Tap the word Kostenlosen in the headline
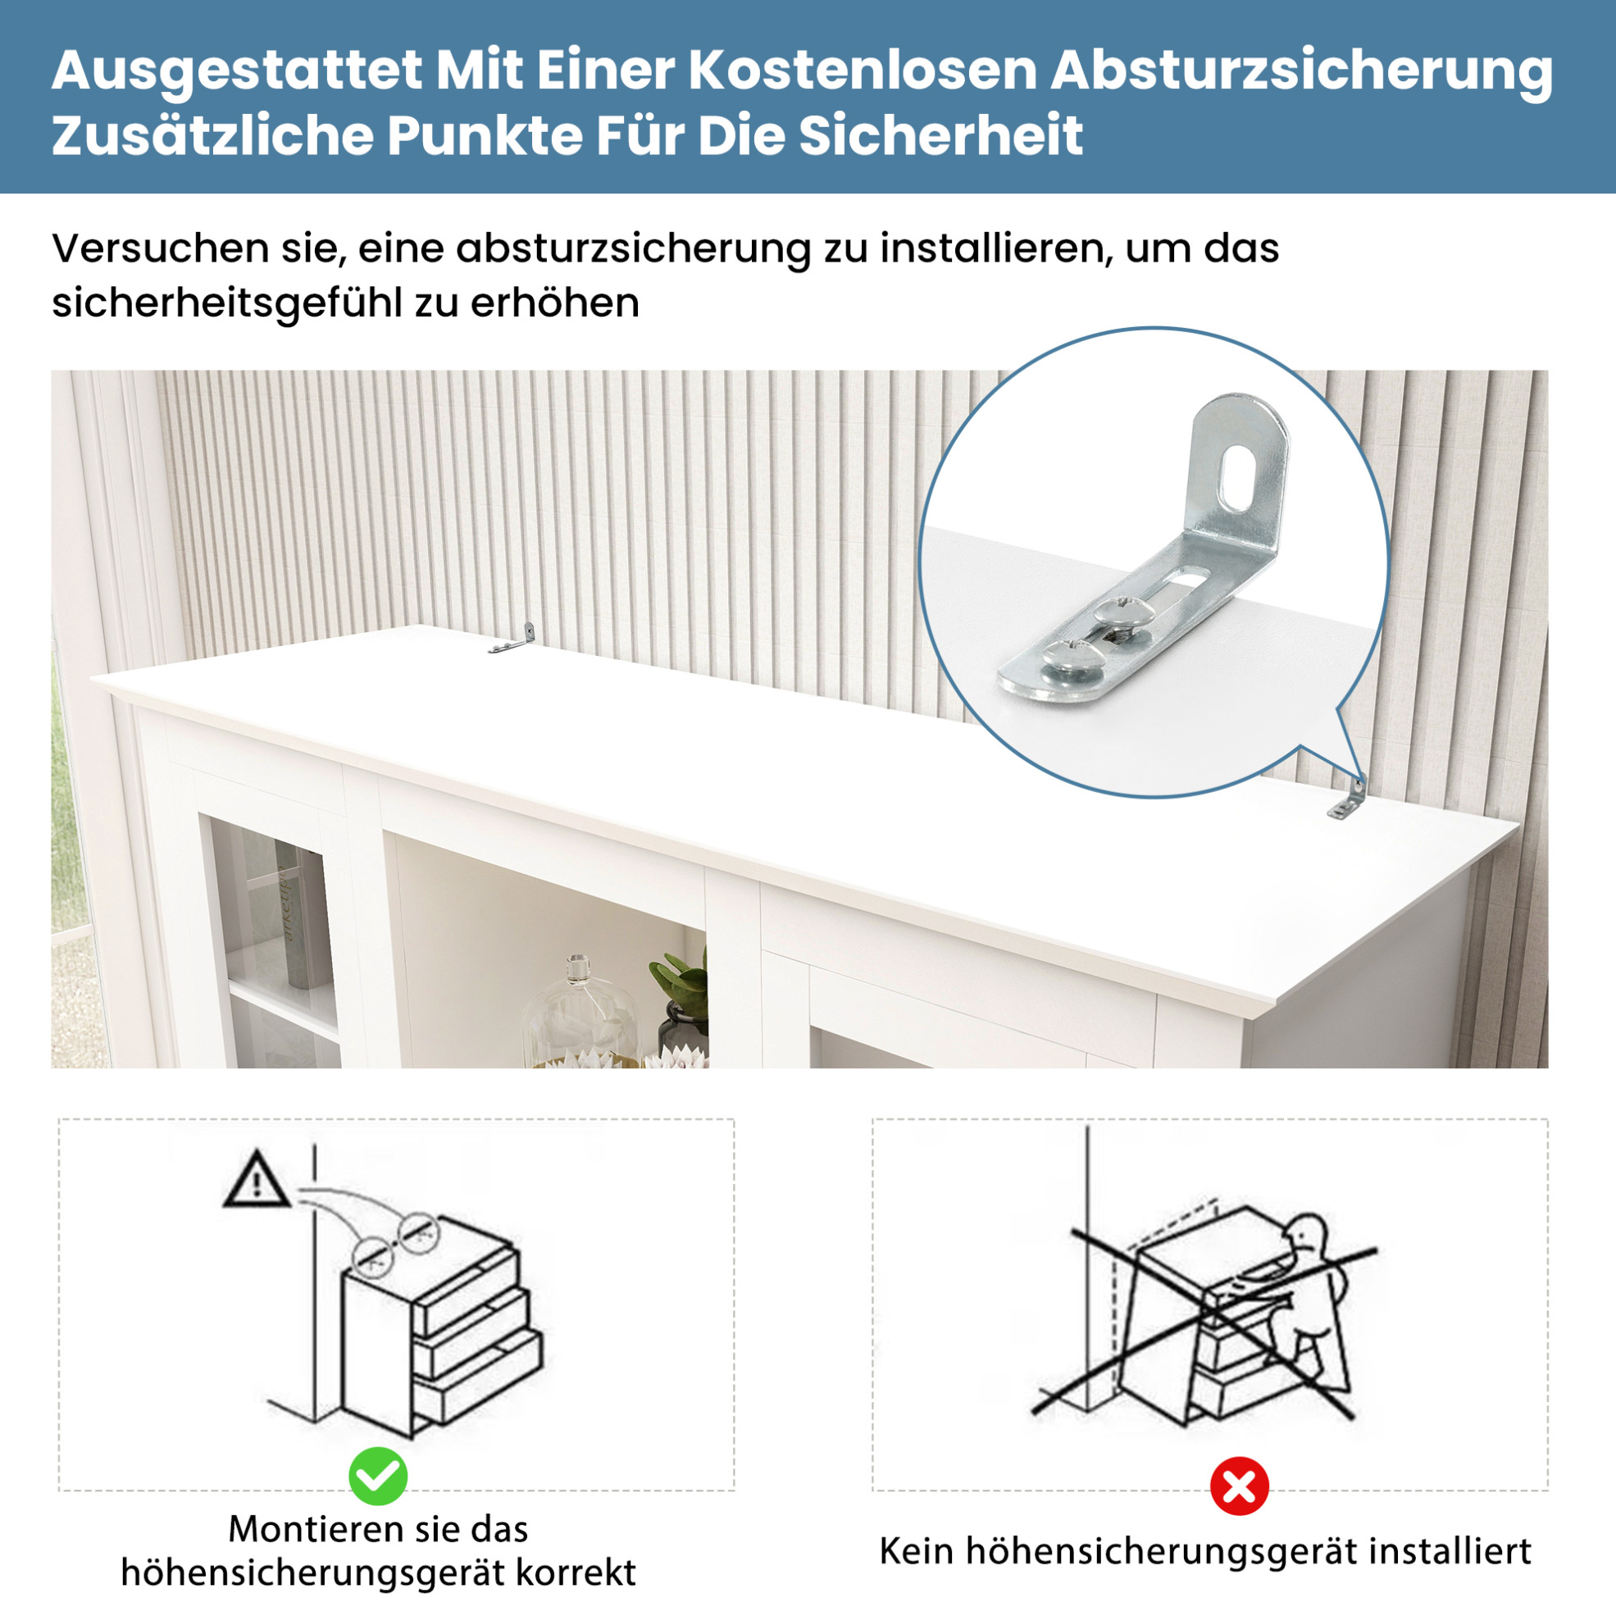tap(863, 70)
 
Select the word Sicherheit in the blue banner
tap(940, 135)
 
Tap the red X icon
tap(1238, 1487)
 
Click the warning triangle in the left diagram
tap(257, 1181)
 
